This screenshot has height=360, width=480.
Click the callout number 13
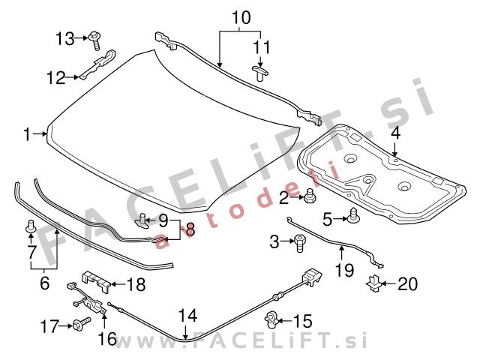pos(65,39)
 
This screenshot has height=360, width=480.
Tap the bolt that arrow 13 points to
pos(95,40)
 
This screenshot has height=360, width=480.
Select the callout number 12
pos(56,78)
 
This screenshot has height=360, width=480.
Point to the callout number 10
pos(241,17)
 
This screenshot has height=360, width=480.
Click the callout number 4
pos(395,133)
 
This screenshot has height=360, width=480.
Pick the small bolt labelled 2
pos(309,195)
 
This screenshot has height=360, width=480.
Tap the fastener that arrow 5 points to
pos(353,215)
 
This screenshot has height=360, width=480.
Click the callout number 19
pos(344,270)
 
